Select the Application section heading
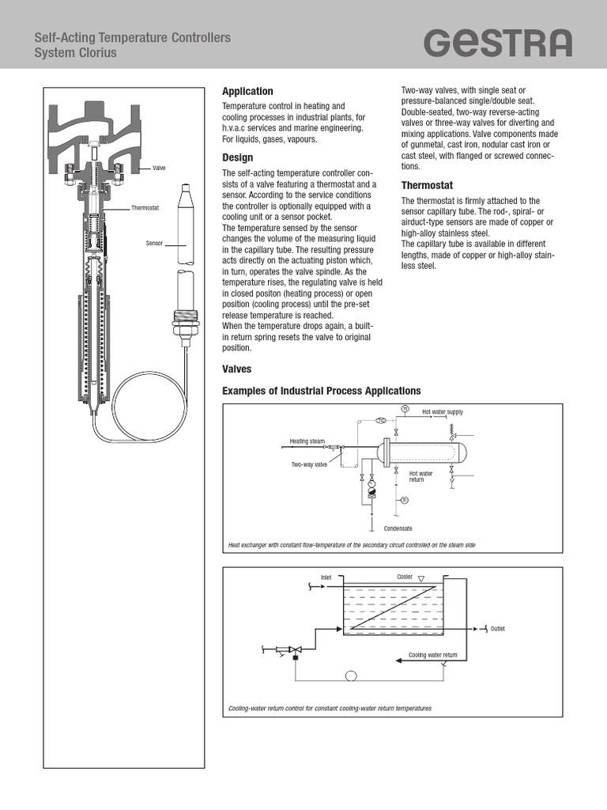(247, 92)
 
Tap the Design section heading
(237, 157)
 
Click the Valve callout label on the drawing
(159, 168)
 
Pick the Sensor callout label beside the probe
(153, 243)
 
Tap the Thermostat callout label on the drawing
(145, 208)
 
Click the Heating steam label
(307, 441)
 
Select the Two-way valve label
(309, 465)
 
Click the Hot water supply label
(442, 412)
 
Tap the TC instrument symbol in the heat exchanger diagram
(380, 421)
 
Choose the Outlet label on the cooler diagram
(497, 629)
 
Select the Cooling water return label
(432, 655)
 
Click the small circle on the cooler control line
(351, 675)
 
